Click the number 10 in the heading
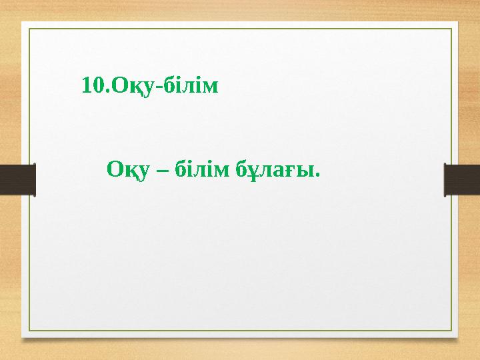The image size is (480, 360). click(92, 85)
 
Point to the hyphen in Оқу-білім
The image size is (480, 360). click(157, 87)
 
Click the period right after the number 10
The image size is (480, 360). click(105, 91)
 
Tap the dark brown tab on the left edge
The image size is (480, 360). click(17, 180)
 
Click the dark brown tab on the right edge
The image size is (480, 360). click(462, 180)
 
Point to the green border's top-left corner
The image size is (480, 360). click(28, 29)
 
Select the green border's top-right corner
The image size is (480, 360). click(451, 29)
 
